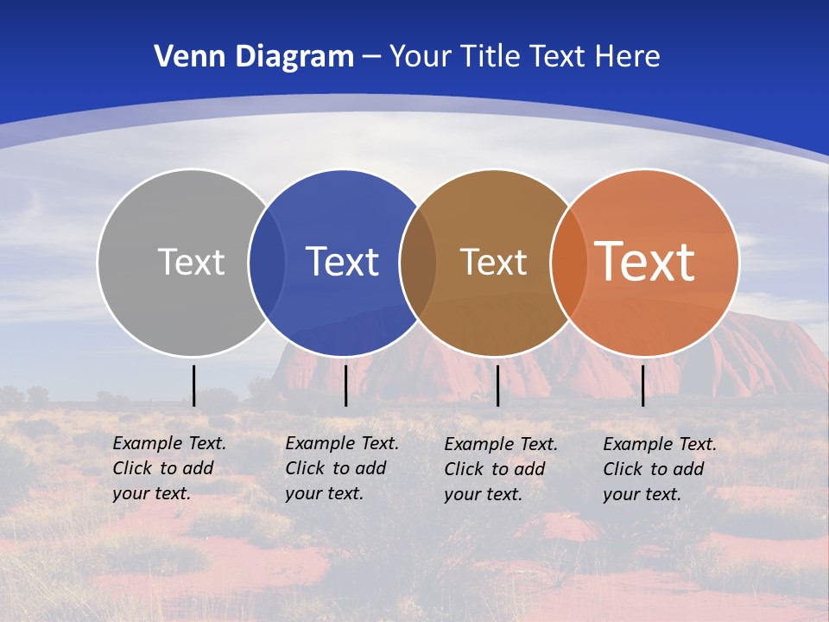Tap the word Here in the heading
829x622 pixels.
627,57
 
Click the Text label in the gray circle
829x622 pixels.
191,262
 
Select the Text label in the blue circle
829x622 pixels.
342,262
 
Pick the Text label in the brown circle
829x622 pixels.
493,262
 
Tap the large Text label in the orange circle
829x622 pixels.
644,261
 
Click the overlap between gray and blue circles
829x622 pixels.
267,263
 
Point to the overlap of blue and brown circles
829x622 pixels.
418,263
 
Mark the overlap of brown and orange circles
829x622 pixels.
567,263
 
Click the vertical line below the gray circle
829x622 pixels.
193,385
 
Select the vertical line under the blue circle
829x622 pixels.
345,385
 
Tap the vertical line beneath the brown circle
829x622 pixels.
497,385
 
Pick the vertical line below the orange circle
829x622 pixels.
642,385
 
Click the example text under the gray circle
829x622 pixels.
169,468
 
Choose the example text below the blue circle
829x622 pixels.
342,468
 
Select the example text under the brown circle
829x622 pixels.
501,469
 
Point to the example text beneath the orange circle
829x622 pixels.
660,469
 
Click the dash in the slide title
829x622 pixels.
371,57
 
